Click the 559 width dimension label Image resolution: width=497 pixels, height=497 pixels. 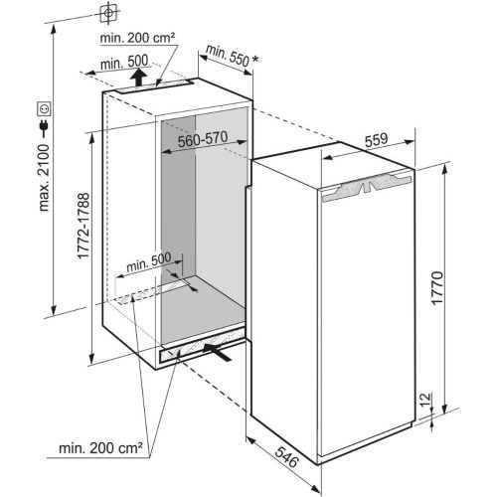coord(376,140)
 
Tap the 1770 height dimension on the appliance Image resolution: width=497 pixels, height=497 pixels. coord(437,287)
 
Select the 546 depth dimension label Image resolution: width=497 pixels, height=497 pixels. coord(287,457)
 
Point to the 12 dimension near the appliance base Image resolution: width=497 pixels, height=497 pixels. coord(426,399)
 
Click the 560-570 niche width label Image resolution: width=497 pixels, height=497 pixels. coord(203,139)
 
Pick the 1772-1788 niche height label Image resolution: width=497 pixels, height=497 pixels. coord(83,226)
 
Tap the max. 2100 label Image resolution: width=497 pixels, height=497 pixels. coord(44,178)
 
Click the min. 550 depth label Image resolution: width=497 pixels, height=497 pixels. coord(228,55)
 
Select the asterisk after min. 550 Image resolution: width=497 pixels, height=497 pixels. coord(254,60)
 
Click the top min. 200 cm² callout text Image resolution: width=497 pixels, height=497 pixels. coord(137,38)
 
